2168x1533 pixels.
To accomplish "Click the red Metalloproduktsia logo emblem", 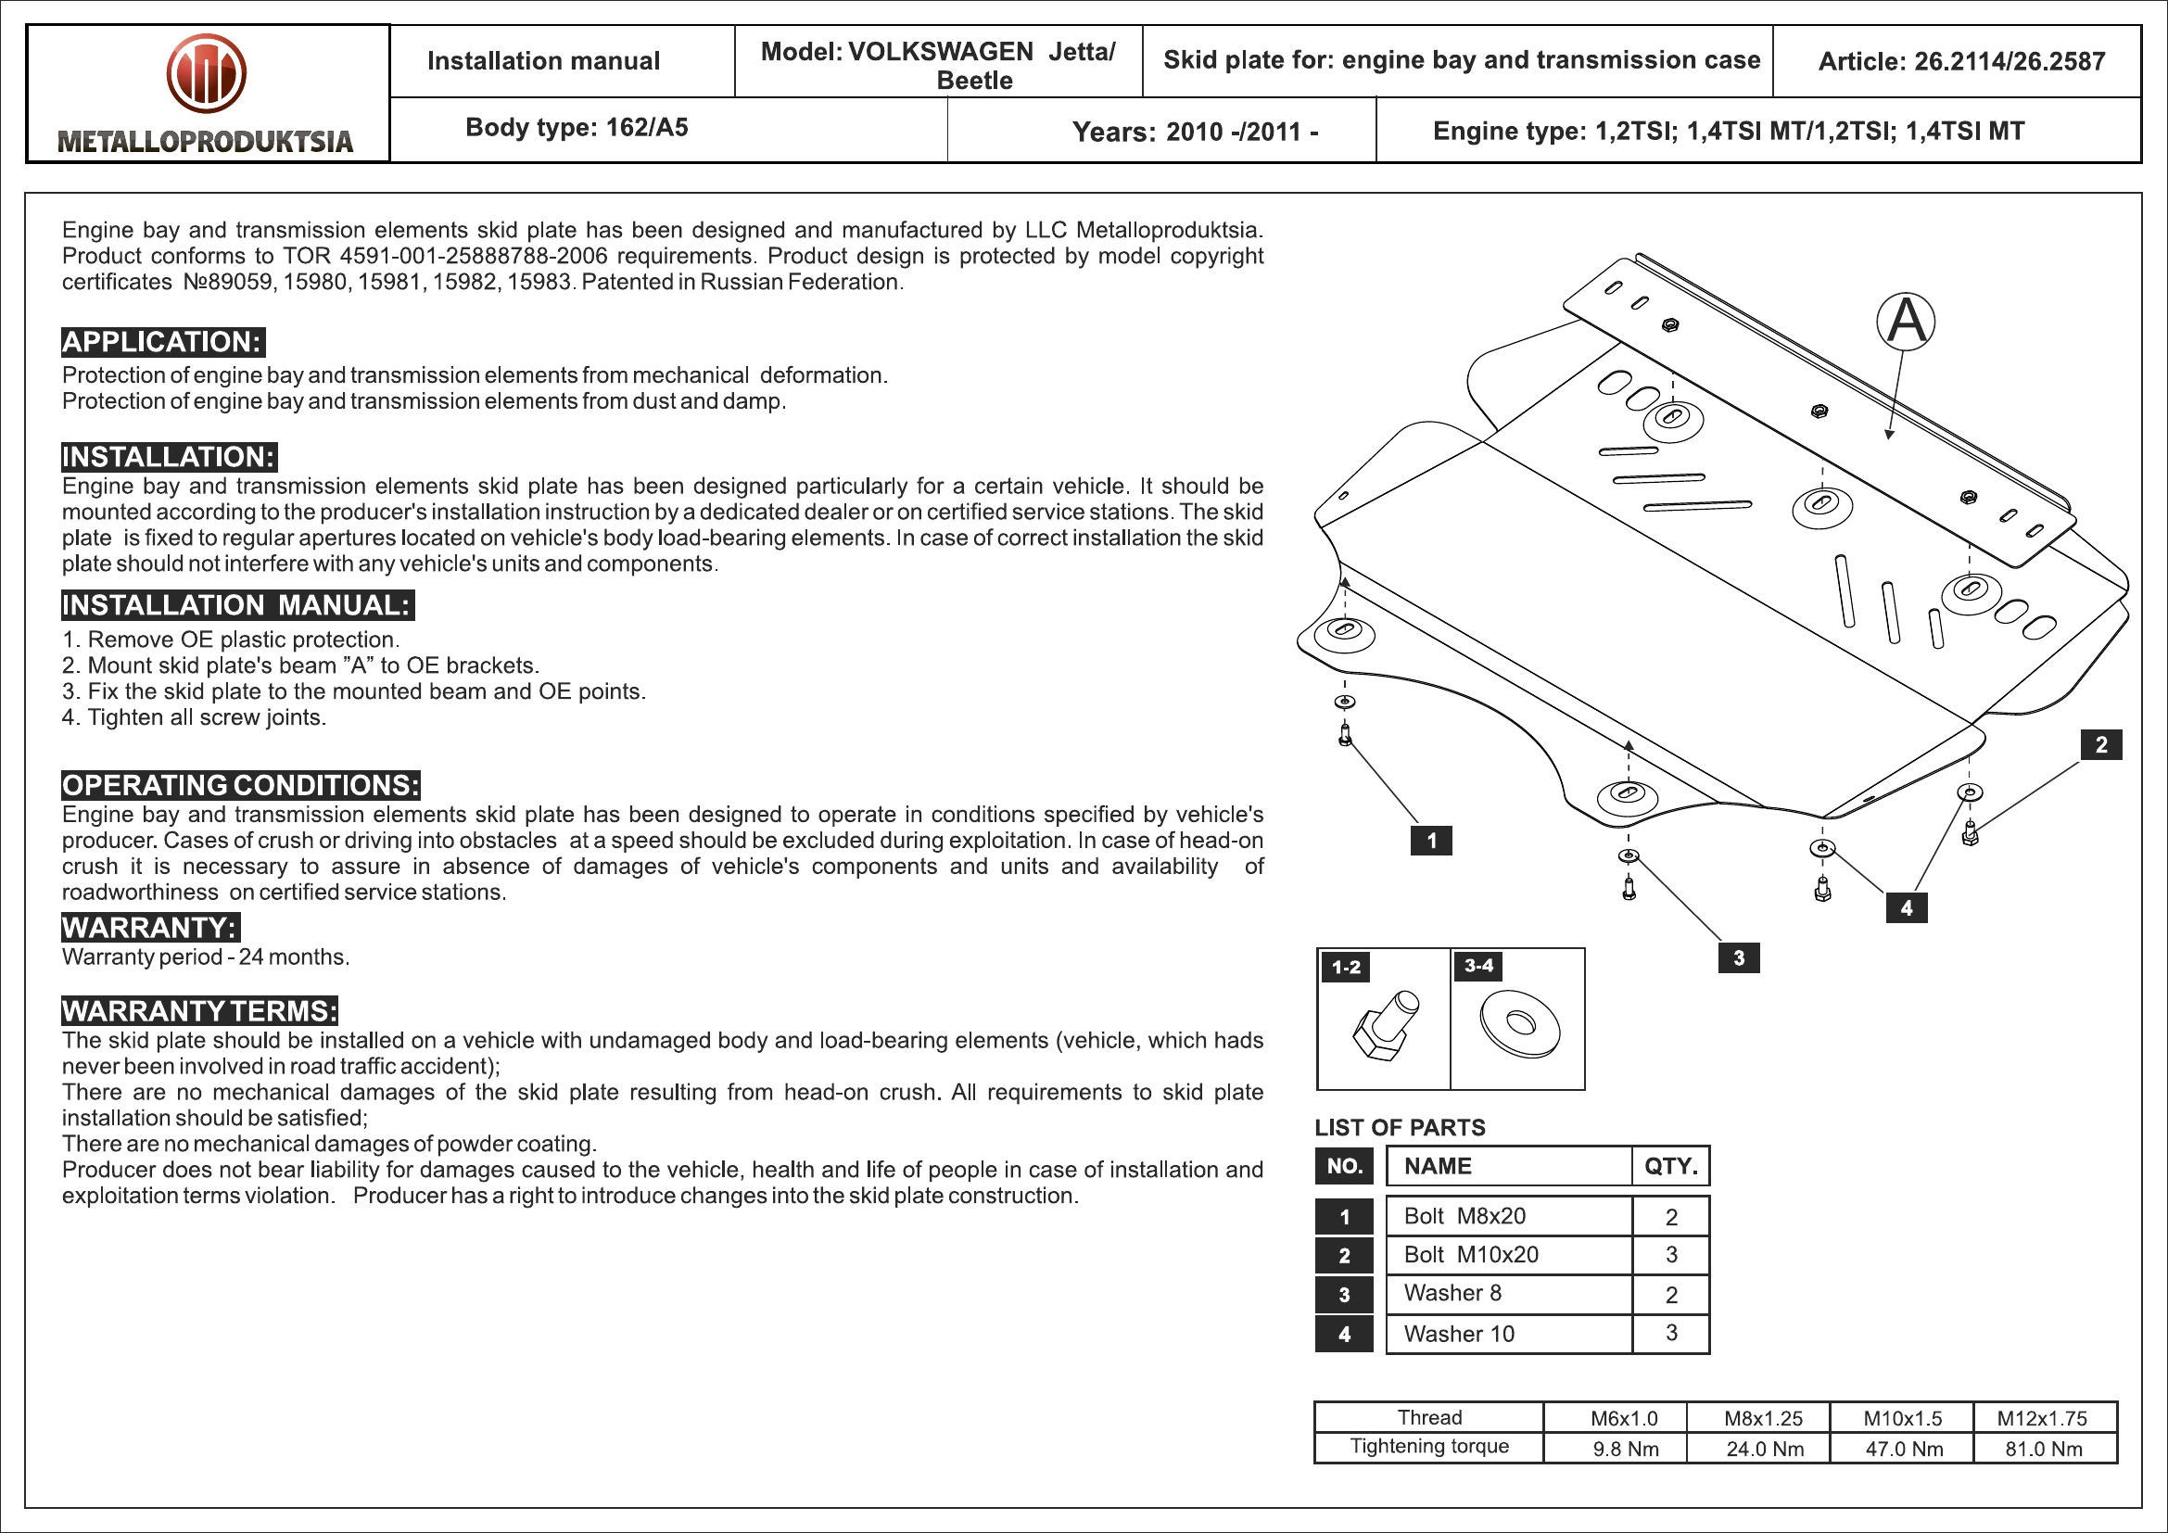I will (206, 73).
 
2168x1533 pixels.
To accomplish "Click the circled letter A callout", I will (1905, 321).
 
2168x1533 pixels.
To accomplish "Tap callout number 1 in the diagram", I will (1430, 840).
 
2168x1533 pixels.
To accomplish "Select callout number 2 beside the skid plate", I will (2101, 745).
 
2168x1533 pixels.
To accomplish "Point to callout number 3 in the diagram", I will (1738, 958).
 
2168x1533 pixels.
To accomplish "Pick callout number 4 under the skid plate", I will (1907, 908).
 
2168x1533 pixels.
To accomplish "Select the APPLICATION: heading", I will (162, 342).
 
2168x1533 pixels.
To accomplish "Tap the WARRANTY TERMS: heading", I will (199, 1011).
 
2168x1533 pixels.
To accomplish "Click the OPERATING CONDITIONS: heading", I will (241, 785).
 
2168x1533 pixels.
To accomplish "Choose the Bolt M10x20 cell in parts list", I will (1470, 1255).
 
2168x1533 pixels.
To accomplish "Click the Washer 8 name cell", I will (1452, 1293).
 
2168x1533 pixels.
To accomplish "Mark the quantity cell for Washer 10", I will (1671, 1333).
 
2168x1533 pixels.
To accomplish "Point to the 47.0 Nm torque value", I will (1904, 1449).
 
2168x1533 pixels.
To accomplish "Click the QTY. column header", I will (1670, 1167).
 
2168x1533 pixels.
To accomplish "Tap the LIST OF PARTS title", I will (1400, 1128).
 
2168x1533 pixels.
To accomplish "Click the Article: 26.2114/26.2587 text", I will (1961, 62).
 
